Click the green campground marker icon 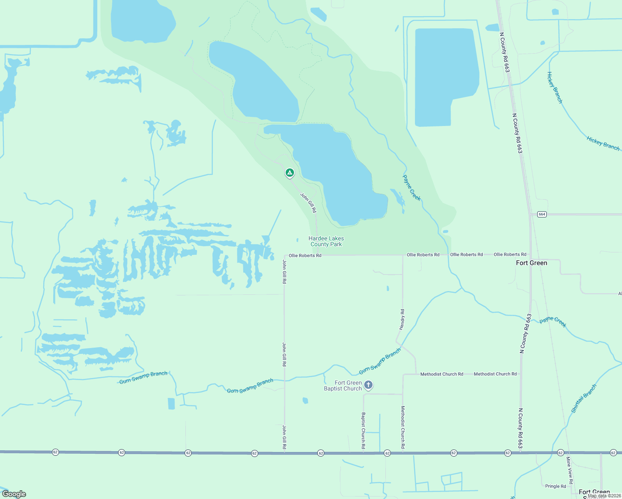pos(290,173)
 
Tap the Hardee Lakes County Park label pos(326,242)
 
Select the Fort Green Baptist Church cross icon pos(368,385)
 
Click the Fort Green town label pos(531,263)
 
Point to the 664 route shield pos(541,214)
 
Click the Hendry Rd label pos(402,320)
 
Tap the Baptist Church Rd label pos(363,430)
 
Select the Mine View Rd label pos(569,470)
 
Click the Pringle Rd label pos(555,486)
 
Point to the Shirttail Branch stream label pos(584,398)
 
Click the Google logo pos(14,494)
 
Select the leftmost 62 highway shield pos(55,452)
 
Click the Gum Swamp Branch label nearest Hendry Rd pos(380,361)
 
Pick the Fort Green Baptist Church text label pos(343,385)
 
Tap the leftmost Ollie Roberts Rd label pos(305,255)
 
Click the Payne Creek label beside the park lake pos(412,188)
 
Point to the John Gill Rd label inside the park pos(309,203)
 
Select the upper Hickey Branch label pos(554,88)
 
